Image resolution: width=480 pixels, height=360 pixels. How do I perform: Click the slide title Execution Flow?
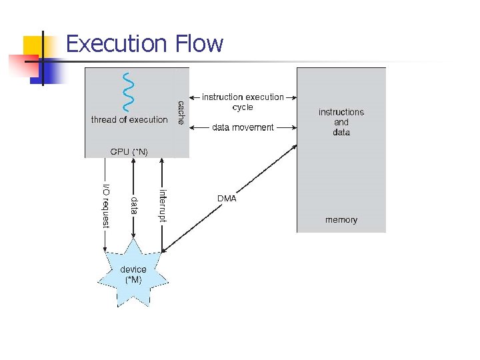(x=145, y=44)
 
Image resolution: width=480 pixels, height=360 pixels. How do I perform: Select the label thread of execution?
(x=129, y=120)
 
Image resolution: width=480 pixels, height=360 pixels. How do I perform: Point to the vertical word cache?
(x=181, y=113)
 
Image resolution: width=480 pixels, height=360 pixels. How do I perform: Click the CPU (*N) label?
(x=129, y=152)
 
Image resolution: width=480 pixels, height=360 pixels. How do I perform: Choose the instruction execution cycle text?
(x=243, y=102)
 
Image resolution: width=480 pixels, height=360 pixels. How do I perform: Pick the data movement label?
(x=243, y=127)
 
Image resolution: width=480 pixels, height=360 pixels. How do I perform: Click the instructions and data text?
(x=341, y=122)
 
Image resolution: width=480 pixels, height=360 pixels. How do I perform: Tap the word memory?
(x=341, y=220)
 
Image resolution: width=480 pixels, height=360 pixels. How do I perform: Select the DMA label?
(x=227, y=199)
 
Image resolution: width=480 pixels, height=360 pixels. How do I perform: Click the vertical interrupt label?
(x=163, y=205)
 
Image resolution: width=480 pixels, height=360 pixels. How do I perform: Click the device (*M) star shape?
(x=133, y=273)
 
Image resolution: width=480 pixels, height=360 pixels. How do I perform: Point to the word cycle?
(x=243, y=107)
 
